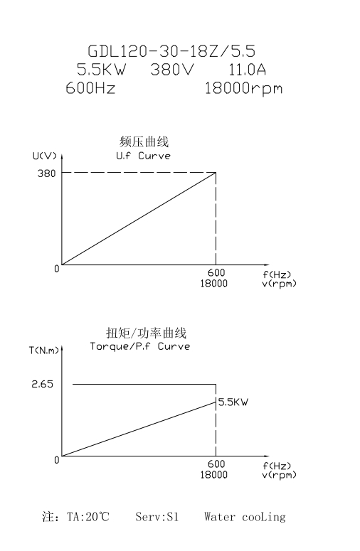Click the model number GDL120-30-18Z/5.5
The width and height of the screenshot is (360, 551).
pos(171,51)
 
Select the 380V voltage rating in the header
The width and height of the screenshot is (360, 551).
pos(172,70)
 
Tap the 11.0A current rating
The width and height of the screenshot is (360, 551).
pos(247,70)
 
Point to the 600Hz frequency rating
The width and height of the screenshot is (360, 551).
pos(90,87)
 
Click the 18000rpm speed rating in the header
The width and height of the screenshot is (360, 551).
pos(243,88)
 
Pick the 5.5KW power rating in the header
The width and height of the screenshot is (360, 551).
pos(101,70)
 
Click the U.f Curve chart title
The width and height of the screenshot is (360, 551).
pos(144,156)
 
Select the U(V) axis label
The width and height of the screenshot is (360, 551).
pos(44,156)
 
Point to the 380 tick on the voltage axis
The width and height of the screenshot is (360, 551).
pos(46,173)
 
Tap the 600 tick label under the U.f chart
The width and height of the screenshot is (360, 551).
pos(216,273)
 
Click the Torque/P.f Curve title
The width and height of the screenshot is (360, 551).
pos(140,346)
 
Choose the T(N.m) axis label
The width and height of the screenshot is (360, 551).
pos(44,351)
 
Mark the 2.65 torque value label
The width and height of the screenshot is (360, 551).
pos(42,384)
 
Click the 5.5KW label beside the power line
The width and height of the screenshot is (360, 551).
pos(233,402)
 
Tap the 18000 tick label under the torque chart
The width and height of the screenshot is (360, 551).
pos(213,475)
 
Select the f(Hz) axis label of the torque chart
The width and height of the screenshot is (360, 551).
pos(277,466)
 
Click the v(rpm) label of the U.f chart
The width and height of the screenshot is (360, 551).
pos(279,283)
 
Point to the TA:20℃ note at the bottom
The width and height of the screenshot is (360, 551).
pos(88,517)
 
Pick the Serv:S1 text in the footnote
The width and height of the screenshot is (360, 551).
pos(157,517)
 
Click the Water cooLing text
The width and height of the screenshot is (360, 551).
pos(245,517)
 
